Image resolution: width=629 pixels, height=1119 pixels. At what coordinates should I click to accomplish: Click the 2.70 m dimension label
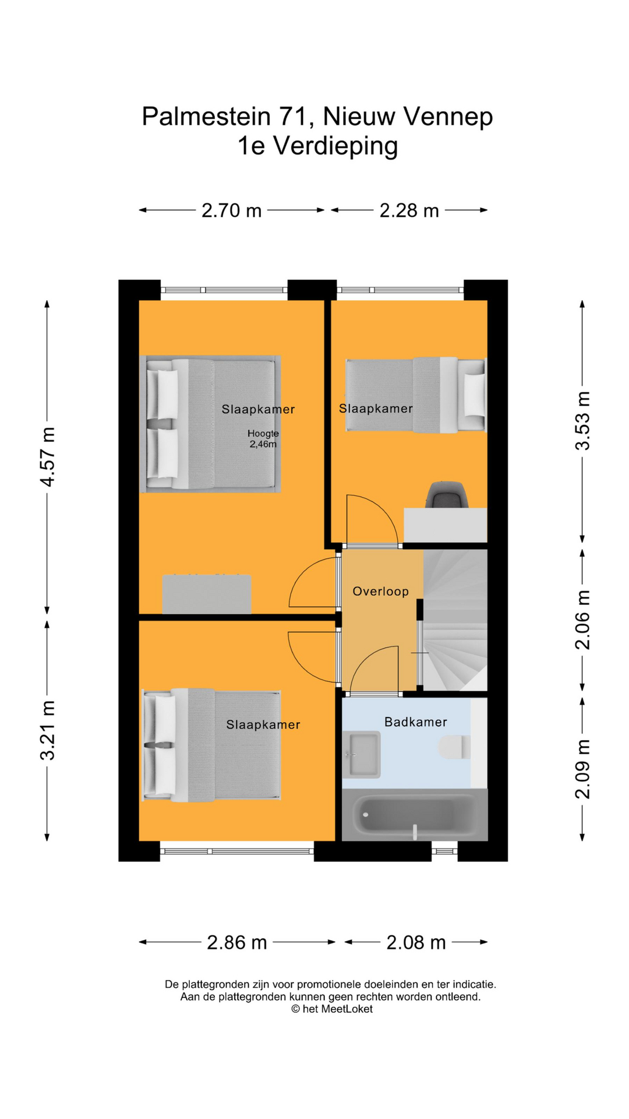pos(231,210)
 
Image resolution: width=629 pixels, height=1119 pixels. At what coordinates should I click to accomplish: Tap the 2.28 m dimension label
pos(409,210)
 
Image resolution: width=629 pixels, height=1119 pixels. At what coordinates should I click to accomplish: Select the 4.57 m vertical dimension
pos(48,457)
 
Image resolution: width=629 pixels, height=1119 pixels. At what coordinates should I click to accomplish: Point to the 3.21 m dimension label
pos(48,730)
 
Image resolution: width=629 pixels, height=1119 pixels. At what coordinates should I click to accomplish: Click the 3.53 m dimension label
pos(582,421)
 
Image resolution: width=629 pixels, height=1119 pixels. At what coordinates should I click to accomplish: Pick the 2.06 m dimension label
pos(582,620)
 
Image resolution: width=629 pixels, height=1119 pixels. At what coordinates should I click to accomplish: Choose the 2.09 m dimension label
pos(582,768)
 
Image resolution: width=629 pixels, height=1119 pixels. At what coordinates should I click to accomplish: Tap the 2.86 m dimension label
pos(237,942)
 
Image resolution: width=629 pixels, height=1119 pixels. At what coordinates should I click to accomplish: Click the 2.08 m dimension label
pos(416,942)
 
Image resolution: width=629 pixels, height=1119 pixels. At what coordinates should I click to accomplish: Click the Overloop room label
pos(381,592)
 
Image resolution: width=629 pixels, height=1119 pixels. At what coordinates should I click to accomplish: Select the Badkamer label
pos(416,722)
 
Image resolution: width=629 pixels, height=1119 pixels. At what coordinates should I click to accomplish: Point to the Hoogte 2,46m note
pos(263,439)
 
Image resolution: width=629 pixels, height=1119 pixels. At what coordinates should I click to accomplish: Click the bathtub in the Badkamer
pos(414,815)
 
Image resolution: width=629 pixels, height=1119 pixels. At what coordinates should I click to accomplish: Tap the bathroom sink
pos(361,755)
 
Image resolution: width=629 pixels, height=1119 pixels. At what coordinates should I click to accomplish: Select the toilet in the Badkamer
pos(454,747)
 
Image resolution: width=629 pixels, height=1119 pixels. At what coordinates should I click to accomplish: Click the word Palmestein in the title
pos(206,117)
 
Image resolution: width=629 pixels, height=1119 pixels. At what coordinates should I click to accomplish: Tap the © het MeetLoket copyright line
pos(331,1009)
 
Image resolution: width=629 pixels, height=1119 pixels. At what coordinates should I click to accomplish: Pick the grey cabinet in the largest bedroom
pos(207,594)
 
